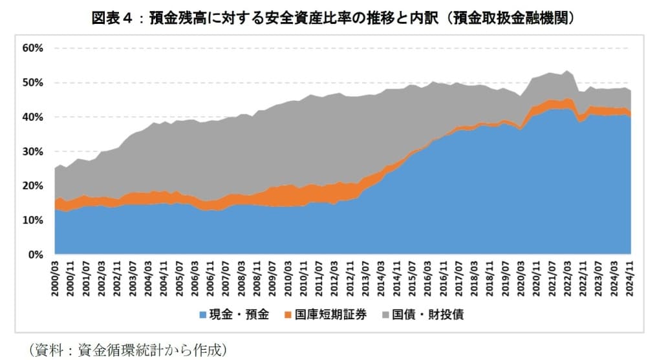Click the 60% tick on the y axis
pyautogui.click(x=32, y=48)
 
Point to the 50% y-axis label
pyautogui.click(x=32, y=83)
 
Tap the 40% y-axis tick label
pyautogui.click(x=32, y=117)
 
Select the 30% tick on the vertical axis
pyautogui.click(x=32, y=151)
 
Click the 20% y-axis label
pyautogui.click(x=32, y=185)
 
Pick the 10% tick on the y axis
pyautogui.click(x=32, y=220)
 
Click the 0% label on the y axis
pyautogui.click(x=34, y=255)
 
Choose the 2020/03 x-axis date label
pyautogui.click(x=521, y=279)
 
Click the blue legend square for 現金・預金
pyautogui.click(x=205, y=315)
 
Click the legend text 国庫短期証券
pyautogui.click(x=330, y=315)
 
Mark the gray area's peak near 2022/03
pyautogui.click(x=567, y=71)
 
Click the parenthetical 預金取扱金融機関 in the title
pyautogui.click(x=508, y=19)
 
